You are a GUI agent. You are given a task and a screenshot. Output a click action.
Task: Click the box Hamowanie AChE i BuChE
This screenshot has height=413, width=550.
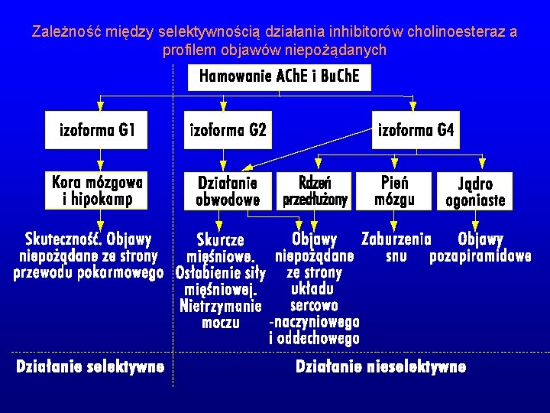[280, 76]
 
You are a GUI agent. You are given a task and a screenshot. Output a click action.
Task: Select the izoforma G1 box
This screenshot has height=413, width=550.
[98, 132]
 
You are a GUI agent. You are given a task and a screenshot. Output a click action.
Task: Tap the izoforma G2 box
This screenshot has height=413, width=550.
[228, 132]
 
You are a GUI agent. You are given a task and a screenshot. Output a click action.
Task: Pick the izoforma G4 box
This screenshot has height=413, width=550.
[416, 132]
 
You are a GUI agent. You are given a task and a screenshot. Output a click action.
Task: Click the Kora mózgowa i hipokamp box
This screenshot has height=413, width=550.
[98, 190]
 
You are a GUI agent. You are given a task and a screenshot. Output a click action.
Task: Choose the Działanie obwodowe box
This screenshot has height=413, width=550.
[228, 191]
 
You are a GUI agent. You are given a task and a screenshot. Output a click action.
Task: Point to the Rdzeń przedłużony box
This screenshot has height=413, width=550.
[315, 191]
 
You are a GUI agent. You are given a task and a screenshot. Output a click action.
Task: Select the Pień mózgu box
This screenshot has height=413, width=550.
[395, 191]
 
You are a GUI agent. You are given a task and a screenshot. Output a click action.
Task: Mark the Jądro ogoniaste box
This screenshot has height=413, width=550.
[475, 191]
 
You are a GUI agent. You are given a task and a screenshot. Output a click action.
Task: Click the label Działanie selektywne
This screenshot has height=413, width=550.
[90, 367]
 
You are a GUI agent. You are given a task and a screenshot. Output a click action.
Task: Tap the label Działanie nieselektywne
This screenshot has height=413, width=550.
[380, 367]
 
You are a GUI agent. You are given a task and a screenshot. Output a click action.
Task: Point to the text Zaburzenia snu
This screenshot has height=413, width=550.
[396, 247]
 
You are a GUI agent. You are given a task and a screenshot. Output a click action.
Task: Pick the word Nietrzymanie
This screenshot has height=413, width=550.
[221, 306]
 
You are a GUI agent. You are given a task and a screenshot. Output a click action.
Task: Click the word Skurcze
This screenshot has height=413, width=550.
[221, 239]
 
